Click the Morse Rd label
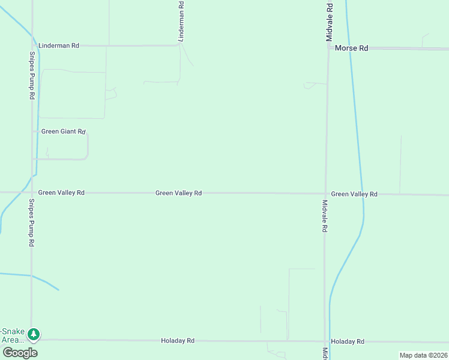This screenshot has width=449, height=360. click(x=351, y=48)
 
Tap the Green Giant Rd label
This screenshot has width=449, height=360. click(x=64, y=131)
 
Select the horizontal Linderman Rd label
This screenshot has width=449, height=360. click(x=58, y=46)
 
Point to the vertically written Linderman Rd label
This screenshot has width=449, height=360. click(x=181, y=21)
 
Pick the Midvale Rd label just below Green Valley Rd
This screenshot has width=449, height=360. click(x=325, y=216)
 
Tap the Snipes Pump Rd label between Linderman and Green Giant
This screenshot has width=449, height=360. click(x=32, y=76)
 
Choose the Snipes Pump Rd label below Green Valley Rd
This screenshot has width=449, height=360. click(x=32, y=223)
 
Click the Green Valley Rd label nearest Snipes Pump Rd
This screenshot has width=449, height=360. click(x=61, y=193)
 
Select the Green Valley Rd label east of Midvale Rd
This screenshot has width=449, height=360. click(x=354, y=194)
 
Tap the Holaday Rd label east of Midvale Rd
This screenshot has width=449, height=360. click(x=348, y=341)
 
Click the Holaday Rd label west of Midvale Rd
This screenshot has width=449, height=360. click(x=178, y=341)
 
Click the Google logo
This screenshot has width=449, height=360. click(x=20, y=352)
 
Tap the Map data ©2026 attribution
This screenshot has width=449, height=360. click(x=423, y=355)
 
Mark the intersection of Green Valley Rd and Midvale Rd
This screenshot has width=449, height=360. click(x=325, y=193)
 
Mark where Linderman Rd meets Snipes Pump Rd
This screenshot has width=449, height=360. click(x=32, y=46)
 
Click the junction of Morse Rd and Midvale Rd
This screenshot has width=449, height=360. click(x=328, y=47)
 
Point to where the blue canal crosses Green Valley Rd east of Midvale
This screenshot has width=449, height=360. click(x=362, y=194)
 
